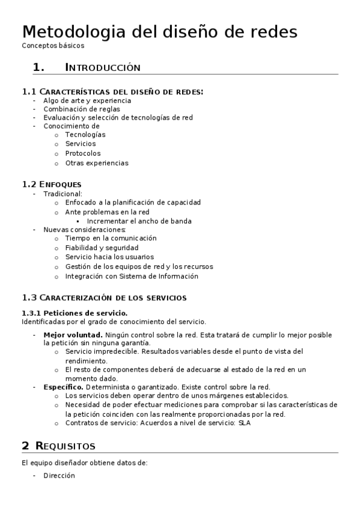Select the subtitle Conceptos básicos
(x=53, y=45)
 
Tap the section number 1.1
(x=29, y=91)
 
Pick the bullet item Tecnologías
(x=85, y=135)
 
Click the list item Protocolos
(x=83, y=153)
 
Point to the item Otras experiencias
(x=96, y=163)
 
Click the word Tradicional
(x=63, y=194)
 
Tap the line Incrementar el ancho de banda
(x=139, y=221)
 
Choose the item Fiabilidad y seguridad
(x=102, y=247)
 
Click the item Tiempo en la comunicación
(x=111, y=238)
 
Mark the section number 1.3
(x=29, y=297)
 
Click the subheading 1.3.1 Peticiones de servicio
(x=75, y=313)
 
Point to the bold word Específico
(x=64, y=387)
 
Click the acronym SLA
(x=244, y=423)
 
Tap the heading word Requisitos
(x=73, y=446)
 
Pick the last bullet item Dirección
(x=59, y=475)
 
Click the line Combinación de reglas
(x=81, y=109)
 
